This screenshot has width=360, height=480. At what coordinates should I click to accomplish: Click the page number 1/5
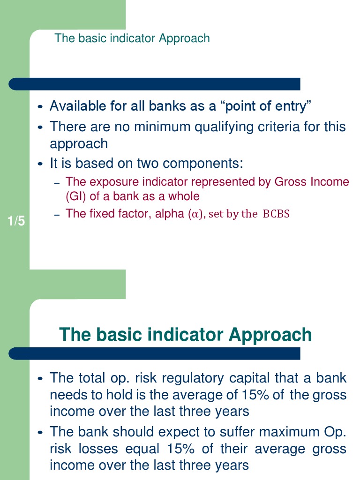pyautogui.click(x=16, y=221)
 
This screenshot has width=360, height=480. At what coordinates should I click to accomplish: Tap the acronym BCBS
pyautogui.click(x=276, y=214)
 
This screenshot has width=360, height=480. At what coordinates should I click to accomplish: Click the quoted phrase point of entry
pyautogui.click(x=266, y=106)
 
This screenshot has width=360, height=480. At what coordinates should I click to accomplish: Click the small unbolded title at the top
pyautogui.click(x=132, y=38)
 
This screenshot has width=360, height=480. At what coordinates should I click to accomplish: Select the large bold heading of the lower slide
pyautogui.click(x=185, y=335)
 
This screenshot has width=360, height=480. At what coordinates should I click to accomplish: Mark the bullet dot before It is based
pyautogui.click(x=40, y=164)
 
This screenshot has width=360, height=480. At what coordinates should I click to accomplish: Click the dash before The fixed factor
pyautogui.click(x=57, y=215)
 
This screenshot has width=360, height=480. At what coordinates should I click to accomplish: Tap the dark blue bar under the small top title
pyautogui.click(x=155, y=84)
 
